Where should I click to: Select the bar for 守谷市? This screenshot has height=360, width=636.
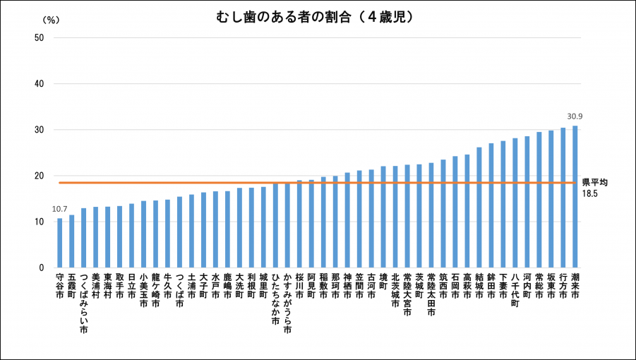(x=60, y=243)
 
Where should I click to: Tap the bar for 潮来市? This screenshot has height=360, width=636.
(x=575, y=197)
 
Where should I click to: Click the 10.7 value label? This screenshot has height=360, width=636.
(x=60, y=209)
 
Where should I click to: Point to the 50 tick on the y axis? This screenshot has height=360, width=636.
(x=39, y=38)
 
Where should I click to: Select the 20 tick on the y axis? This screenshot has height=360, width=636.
(x=39, y=176)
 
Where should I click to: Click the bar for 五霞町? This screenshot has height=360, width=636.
(x=72, y=241)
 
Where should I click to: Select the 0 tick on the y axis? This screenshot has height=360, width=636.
(x=42, y=268)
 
